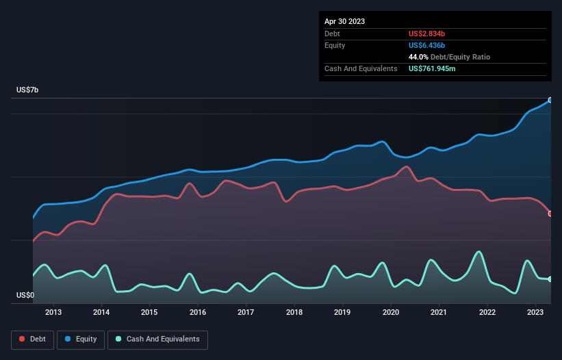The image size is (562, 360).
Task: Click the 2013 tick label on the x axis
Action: [53, 312]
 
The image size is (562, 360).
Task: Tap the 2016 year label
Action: [198, 312]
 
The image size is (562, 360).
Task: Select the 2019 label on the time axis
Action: [342, 312]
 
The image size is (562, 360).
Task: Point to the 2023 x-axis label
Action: [535, 312]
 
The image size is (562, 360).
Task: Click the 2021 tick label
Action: [438, 312]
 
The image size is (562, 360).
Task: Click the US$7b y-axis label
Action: [27, 90]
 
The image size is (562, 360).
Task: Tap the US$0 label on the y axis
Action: [25, 295]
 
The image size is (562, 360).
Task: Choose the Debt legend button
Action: [33, 339]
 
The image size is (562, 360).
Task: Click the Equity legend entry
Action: [81, 339]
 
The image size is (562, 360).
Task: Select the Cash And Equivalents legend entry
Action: [157, 339]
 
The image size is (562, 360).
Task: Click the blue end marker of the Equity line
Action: [550, 101]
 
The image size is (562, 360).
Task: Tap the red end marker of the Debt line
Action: [550, 214]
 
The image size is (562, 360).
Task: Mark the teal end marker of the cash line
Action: [550, 279]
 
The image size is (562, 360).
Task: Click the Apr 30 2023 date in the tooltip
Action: [344, 21]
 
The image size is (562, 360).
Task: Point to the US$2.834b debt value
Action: [426, 34]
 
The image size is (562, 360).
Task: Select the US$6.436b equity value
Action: [426, 45]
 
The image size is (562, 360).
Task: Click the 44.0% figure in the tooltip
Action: [418, 57]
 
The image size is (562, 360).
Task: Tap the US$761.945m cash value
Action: [432, 68]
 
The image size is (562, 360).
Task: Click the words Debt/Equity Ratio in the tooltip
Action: [460, 57]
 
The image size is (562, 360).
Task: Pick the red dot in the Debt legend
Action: [22, 339]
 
